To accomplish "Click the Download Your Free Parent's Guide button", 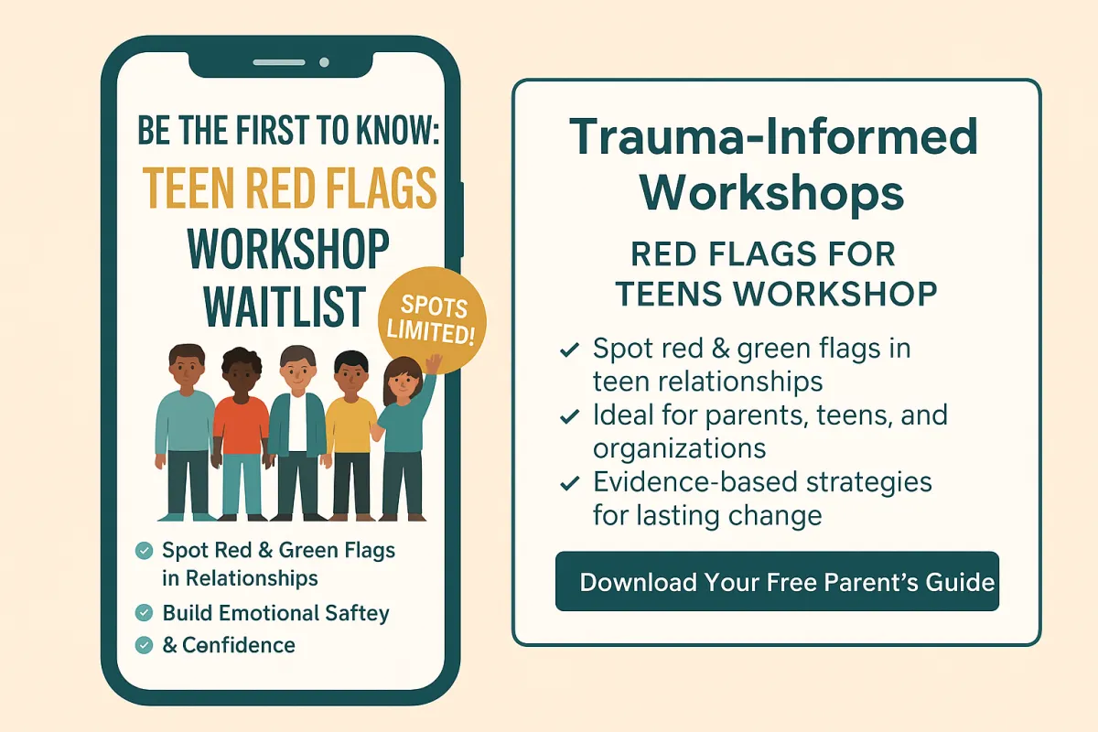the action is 777,581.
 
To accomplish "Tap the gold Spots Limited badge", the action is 432,319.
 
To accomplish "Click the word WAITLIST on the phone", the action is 285,307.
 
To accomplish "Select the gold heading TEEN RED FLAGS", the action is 290,188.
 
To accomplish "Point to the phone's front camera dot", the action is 324,62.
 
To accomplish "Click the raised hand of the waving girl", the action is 434,364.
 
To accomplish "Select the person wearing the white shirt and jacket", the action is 297,433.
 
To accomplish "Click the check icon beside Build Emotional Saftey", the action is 144,613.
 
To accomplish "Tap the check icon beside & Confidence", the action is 144,645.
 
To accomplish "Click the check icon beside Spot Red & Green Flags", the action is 144,551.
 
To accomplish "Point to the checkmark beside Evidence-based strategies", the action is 569,483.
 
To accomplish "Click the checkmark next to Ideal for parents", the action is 569,416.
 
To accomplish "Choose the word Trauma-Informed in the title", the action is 773,136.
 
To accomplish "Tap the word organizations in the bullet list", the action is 679,448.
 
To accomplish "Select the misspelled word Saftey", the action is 358,614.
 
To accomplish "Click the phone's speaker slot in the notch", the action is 279,62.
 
